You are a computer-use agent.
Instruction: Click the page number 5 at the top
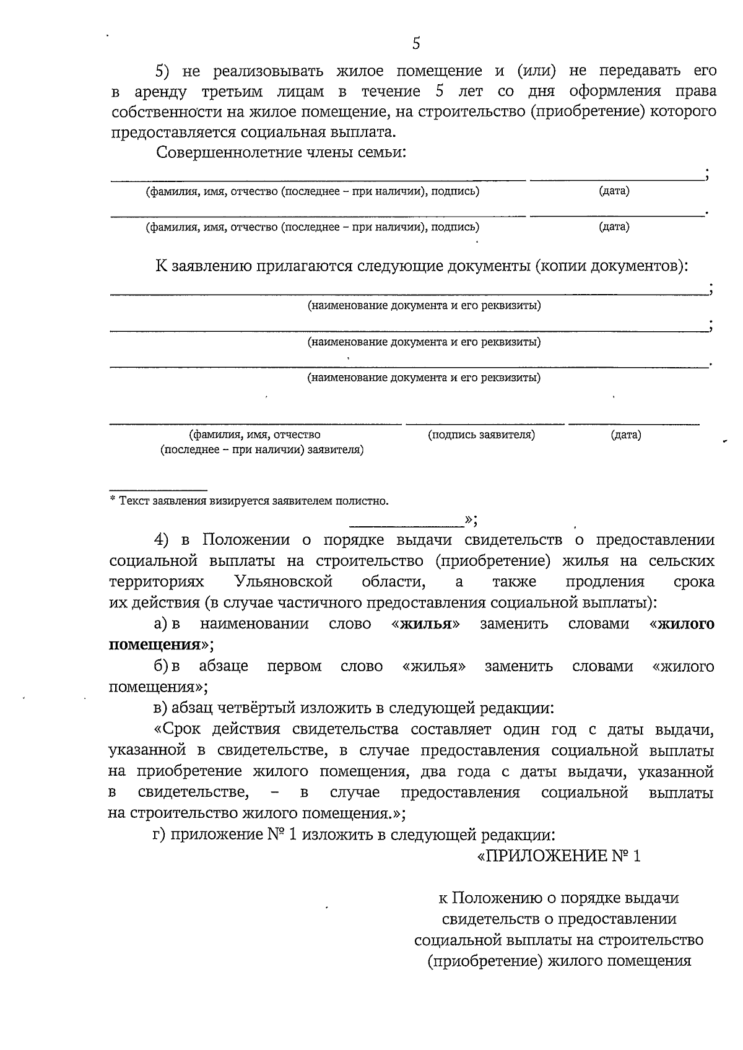click(x=415, y=43)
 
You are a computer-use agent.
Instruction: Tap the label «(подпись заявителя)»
click(x=481, y=435)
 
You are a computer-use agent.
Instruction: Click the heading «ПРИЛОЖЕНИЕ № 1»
click(x=560, y=856)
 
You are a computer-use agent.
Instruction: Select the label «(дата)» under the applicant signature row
click(x=626, y=435)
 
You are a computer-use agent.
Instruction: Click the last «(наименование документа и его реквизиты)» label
click(x=424, y=377)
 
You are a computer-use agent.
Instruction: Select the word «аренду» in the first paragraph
click(x=160, y=92)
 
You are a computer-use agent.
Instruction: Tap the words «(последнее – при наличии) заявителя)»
click(x=262, y=449)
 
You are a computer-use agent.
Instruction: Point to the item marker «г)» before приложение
click(x=159, y=835)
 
